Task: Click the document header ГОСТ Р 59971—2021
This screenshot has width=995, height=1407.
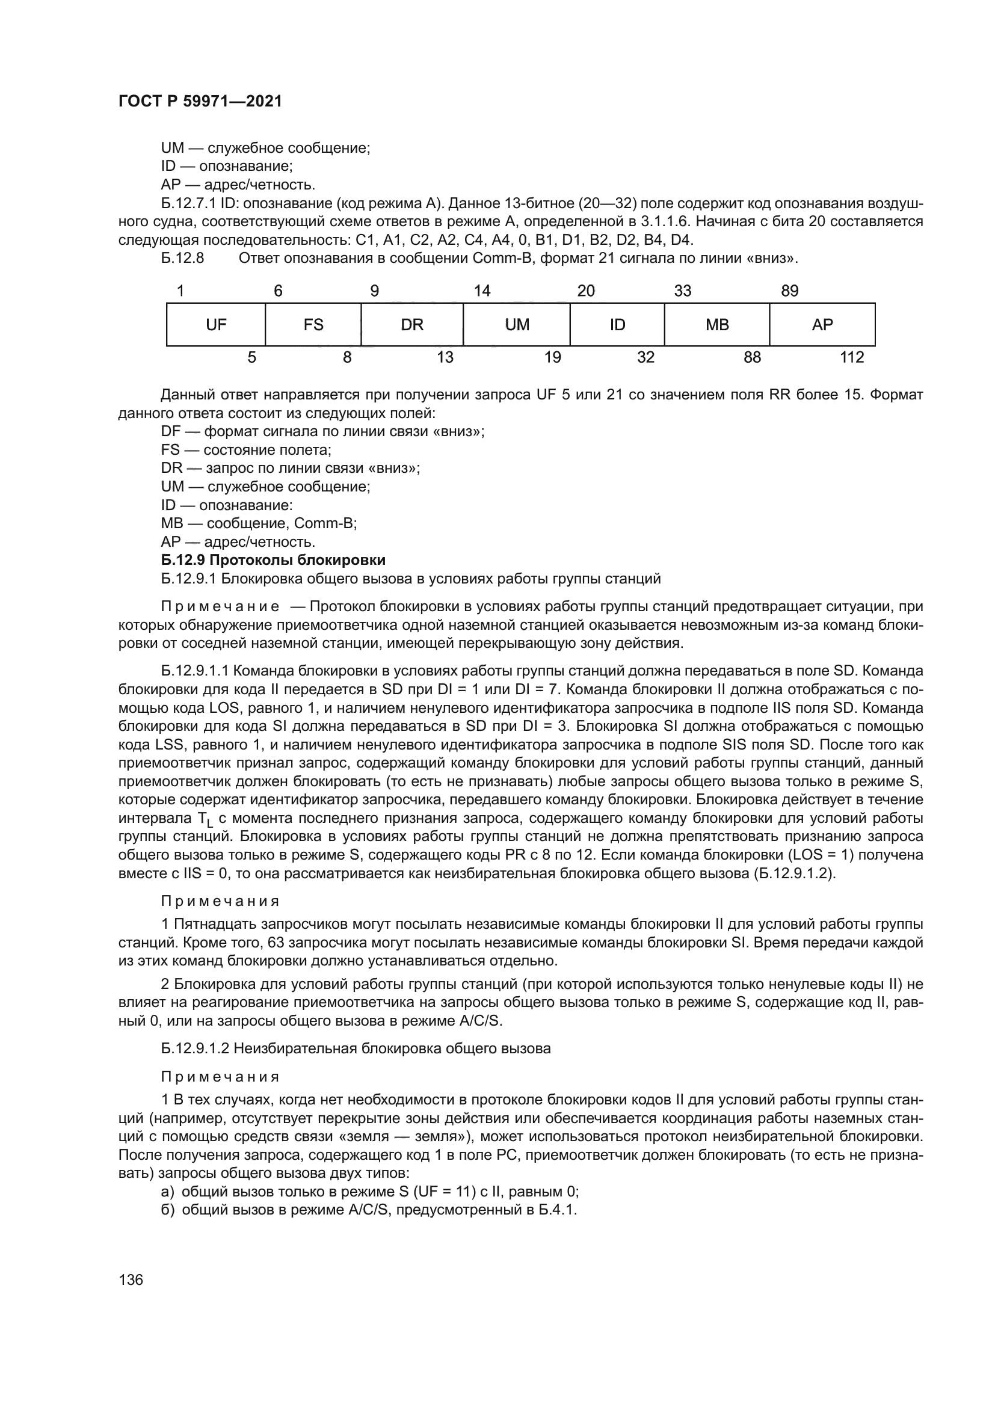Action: pyautogui.click(x=200, y=102)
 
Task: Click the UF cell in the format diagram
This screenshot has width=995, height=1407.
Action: pyautogui.click(x=216, y=325)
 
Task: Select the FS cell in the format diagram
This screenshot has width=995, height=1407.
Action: pyautogui.click(x=313, y=325)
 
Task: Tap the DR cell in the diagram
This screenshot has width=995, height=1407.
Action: pyautogui.click(x=411, y=325)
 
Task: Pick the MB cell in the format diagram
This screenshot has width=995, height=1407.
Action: pyautogui.click(x=717, y=325)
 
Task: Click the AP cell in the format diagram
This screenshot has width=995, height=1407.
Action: pyautogui.click(x=822, y=325)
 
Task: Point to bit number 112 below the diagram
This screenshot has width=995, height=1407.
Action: pyautogui.click(x=852, y=357)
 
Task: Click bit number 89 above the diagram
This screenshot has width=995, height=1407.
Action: pyautogui.click(x=790, y=291)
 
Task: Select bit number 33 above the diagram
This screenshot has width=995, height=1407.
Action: pyautogui.click(x=683, y=291)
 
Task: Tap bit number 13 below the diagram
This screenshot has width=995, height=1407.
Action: pyautogui.click(x=445, y=357)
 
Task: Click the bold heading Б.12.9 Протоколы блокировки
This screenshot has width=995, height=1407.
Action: pyautogui.click(x=273, y=560)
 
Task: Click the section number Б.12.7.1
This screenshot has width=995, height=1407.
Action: pyautogui.click(x=189, y=203)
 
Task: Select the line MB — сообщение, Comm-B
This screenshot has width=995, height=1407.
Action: pyautogui.click(x=259, y=523)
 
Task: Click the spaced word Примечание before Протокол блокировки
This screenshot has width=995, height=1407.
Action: pyautogui.click(x=220, y=607)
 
